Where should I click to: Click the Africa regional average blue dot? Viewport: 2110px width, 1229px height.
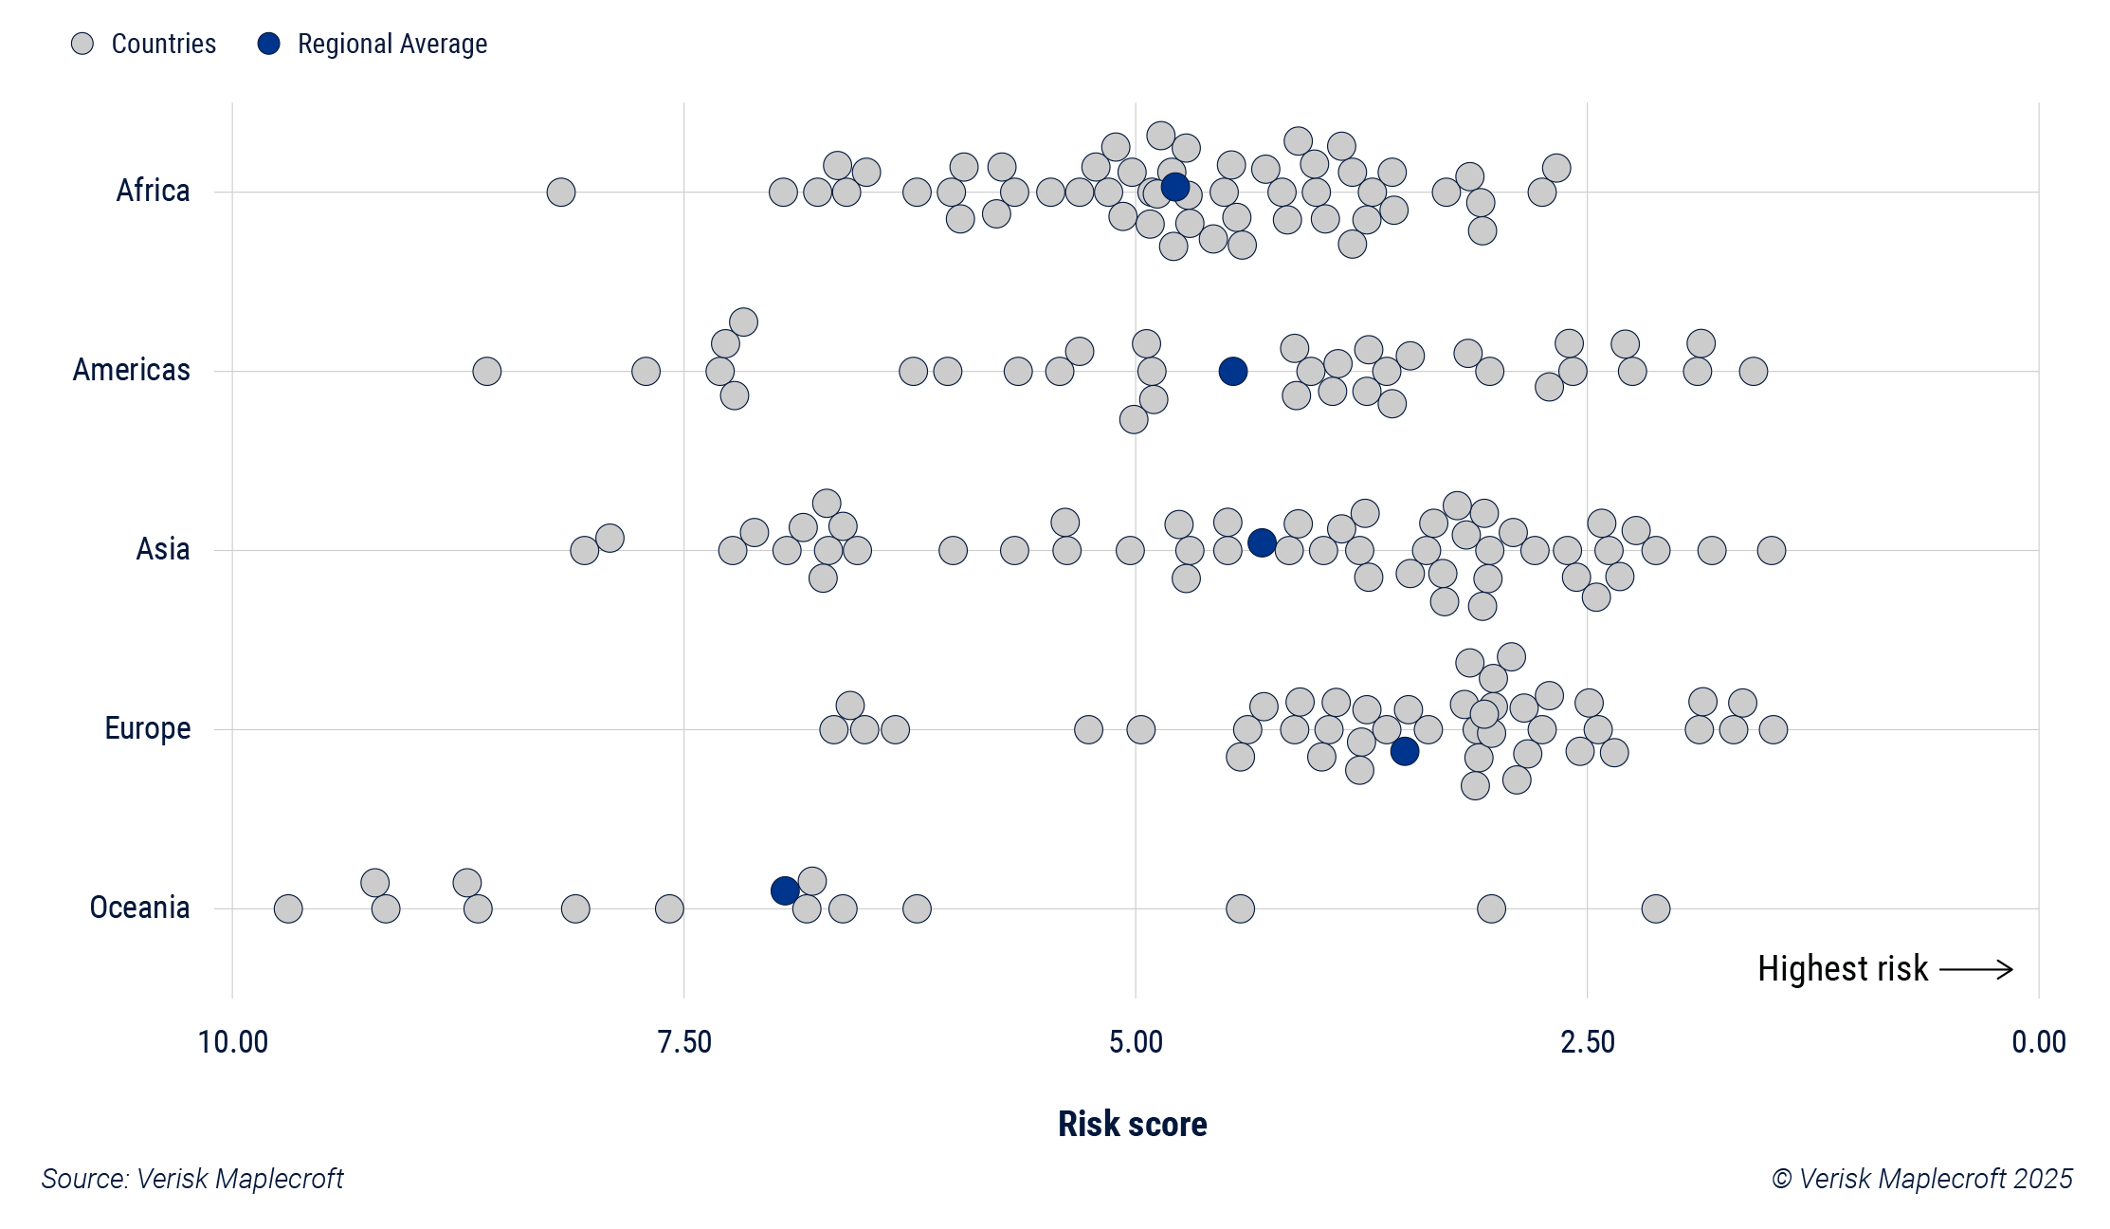(1174, 187)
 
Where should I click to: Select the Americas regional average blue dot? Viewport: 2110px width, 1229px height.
(1232, 371)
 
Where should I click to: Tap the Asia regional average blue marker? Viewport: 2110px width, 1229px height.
(1262, 542)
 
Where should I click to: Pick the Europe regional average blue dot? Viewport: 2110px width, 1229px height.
(1404, 751)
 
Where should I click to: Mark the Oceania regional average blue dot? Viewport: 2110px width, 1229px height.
(784, 890)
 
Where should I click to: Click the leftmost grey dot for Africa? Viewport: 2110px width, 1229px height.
(561, 193)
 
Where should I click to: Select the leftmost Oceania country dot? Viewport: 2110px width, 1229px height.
(288, 908)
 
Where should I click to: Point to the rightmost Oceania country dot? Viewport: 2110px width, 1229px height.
(1655, 908)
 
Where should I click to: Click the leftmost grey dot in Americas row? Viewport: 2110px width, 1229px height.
(486, 371)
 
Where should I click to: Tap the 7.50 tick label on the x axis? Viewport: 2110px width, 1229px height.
(683, 1042)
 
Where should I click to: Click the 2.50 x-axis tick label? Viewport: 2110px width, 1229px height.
(1588, 1042)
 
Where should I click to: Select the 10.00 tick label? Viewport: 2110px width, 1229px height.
(232, 1042)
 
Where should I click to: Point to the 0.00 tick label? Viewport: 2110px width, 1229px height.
(2038, 1042)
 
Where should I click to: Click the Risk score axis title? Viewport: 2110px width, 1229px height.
(1132, 1124)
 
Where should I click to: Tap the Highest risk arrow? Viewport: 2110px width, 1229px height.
(1975, 969)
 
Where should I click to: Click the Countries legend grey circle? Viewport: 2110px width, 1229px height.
(82, 44)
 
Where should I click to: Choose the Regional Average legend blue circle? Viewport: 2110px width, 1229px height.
(269, 44)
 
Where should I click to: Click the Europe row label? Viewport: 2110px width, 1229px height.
(148, 728)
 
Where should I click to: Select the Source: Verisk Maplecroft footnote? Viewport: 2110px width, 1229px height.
(192, 1179)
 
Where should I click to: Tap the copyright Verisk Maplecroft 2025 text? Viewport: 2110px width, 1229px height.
(1922, 1179)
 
